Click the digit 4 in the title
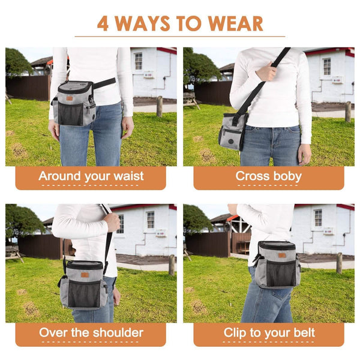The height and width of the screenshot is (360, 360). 103,23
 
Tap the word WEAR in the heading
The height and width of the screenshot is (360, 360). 235,23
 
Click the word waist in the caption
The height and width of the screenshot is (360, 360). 128,176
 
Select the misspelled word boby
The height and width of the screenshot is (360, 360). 287,176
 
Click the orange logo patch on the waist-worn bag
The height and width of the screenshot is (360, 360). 70,98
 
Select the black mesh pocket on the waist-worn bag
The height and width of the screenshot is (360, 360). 70,113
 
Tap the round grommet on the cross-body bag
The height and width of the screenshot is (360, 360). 231,141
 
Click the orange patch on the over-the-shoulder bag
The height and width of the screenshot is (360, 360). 85,275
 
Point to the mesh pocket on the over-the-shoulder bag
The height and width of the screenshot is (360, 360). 84,293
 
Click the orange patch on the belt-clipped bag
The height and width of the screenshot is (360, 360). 282,256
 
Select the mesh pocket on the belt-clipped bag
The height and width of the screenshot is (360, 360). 281,272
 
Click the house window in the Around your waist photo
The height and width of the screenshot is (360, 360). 139,61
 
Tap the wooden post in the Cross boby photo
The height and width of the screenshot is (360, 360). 348,112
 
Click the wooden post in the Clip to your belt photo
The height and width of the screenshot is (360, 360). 340,263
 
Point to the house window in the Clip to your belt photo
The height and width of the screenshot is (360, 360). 318,218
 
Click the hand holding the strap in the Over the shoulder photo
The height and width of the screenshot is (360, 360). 112,222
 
